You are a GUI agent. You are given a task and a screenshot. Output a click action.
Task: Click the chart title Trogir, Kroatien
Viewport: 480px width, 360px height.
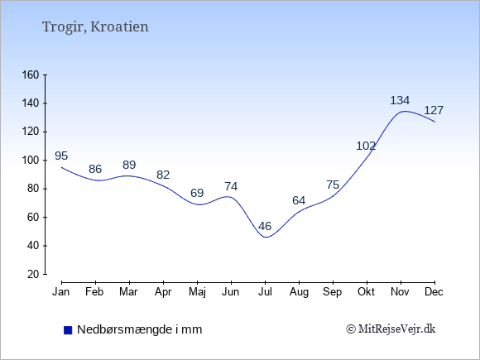point(95,26)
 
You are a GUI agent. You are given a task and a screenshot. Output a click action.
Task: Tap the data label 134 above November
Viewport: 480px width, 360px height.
point(400,100)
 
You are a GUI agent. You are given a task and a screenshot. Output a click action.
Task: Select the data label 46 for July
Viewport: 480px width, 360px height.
point(265,226)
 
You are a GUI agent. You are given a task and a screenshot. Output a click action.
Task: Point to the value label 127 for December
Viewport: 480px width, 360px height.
point(434,110)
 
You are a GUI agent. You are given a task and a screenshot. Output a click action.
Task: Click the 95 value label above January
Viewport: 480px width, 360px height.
point(61,156)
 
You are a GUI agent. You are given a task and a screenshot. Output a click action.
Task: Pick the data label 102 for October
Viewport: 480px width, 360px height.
point(366,146)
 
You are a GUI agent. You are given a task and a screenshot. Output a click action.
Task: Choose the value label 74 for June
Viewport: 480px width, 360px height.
point(231,186)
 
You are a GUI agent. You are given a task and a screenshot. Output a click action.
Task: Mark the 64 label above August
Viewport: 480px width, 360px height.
point(299,200)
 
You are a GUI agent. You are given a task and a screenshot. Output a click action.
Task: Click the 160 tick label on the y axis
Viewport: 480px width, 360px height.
point(31,74)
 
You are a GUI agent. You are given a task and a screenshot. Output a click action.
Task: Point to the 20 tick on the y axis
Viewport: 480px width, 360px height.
point(33,274)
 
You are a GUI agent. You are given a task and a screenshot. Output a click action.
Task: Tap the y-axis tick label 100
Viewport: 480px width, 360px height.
point(31,160)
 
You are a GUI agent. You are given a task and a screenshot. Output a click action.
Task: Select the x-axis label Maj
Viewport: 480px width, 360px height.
point(197,292)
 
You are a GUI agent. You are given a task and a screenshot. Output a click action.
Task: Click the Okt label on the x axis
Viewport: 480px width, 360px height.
point(366,292)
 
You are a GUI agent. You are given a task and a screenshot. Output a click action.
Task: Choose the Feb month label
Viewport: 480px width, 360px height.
point(94,292)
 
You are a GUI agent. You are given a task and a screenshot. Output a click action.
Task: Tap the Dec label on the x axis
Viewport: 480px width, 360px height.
point(434,292)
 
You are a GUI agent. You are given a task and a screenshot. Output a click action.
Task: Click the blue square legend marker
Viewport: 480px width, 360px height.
point(68,330)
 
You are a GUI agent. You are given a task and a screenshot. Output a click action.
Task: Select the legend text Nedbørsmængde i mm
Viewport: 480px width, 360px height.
point(140,329)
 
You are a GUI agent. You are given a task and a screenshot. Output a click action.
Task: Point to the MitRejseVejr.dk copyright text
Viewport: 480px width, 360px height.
point(391,329)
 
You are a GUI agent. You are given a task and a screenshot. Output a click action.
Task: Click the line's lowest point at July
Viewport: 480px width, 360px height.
point(266,237)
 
